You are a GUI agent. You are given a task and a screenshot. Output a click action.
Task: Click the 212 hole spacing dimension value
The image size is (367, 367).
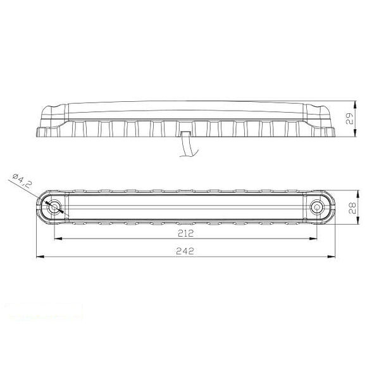pyautogui.click(x=185, y=232)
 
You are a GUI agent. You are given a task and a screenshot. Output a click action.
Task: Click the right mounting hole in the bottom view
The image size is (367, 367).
pyautogui.click(x=316, y=206)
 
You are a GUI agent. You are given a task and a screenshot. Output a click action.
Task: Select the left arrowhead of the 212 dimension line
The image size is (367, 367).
pyautogui.click(x=58, y=239)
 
